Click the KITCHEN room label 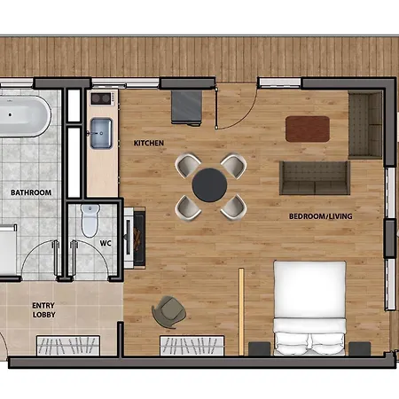coord(149,143)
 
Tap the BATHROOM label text coord(31,192)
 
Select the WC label coord(106,243)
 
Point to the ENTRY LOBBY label coord(43,310)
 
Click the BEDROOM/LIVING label coord(321,216)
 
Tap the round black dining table coord(209,185)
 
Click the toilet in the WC coord(90,220)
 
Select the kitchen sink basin coord(101,133)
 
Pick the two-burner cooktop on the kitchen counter coord(101,98)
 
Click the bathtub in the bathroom coord(25,116)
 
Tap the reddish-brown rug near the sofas coord(308,129)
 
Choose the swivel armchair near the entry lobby coord(168,312)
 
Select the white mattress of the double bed coord(309,308)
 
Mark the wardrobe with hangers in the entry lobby coord(68,346)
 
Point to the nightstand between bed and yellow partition coord(259,348)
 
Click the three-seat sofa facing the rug coord(315,178)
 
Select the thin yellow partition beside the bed coord(241,311)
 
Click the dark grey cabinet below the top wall coord(187,107)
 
